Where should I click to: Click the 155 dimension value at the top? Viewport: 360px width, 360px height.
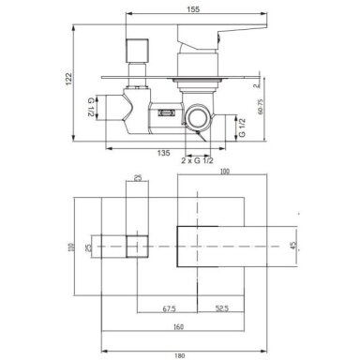click(193, 9)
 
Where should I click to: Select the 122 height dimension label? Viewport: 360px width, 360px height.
click(68, 79)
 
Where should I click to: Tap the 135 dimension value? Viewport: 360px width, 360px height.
click(163, 153)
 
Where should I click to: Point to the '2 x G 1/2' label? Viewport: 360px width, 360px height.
click(197, 160)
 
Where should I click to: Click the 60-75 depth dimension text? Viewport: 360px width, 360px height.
click(261, 106)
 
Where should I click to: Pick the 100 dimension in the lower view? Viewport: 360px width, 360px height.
click(224, 172)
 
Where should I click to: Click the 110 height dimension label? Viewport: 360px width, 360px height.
click(71, 247)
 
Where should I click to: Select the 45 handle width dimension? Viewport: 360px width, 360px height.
click(293, 246)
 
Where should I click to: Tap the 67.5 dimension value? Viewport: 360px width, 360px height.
click(170, 308)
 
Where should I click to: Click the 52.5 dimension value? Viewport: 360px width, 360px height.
click(222, 308)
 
